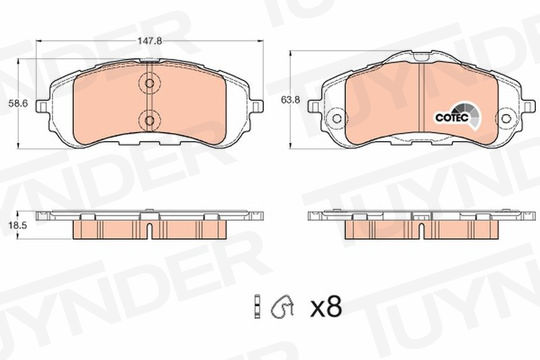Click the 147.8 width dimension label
[x=150, y=41]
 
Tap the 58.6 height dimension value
[x=18, y=103]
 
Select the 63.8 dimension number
[x=290, y=100]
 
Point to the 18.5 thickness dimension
[x=18, y=225]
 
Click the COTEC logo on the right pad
[x=457, y=117]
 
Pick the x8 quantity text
[x=326, y=307]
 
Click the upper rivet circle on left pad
[x=149, y=83]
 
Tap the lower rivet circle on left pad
[x=149, y=120]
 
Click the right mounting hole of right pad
[x=505, y=119]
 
